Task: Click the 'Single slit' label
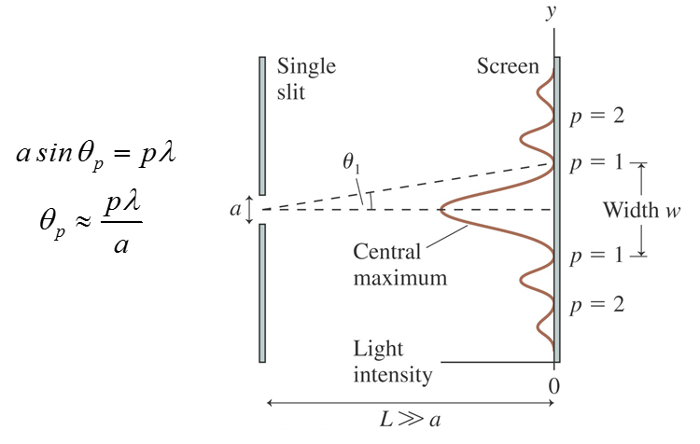pyautogui.click(x=306, y=80)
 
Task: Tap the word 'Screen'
pyautogui.click(x=508, y=66)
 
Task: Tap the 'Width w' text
pyautogui.click(x=641, y=210)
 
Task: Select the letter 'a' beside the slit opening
pyautogui.click(x=234, y=210)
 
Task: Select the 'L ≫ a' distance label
pyautogui.click(x=411, y=419)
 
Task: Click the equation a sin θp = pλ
pyautogui.click(x=96, y=153)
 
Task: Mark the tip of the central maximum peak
pyautogui.click(x=441, y=210)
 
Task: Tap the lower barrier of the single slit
pyautogui.click(x=263, y=293)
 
